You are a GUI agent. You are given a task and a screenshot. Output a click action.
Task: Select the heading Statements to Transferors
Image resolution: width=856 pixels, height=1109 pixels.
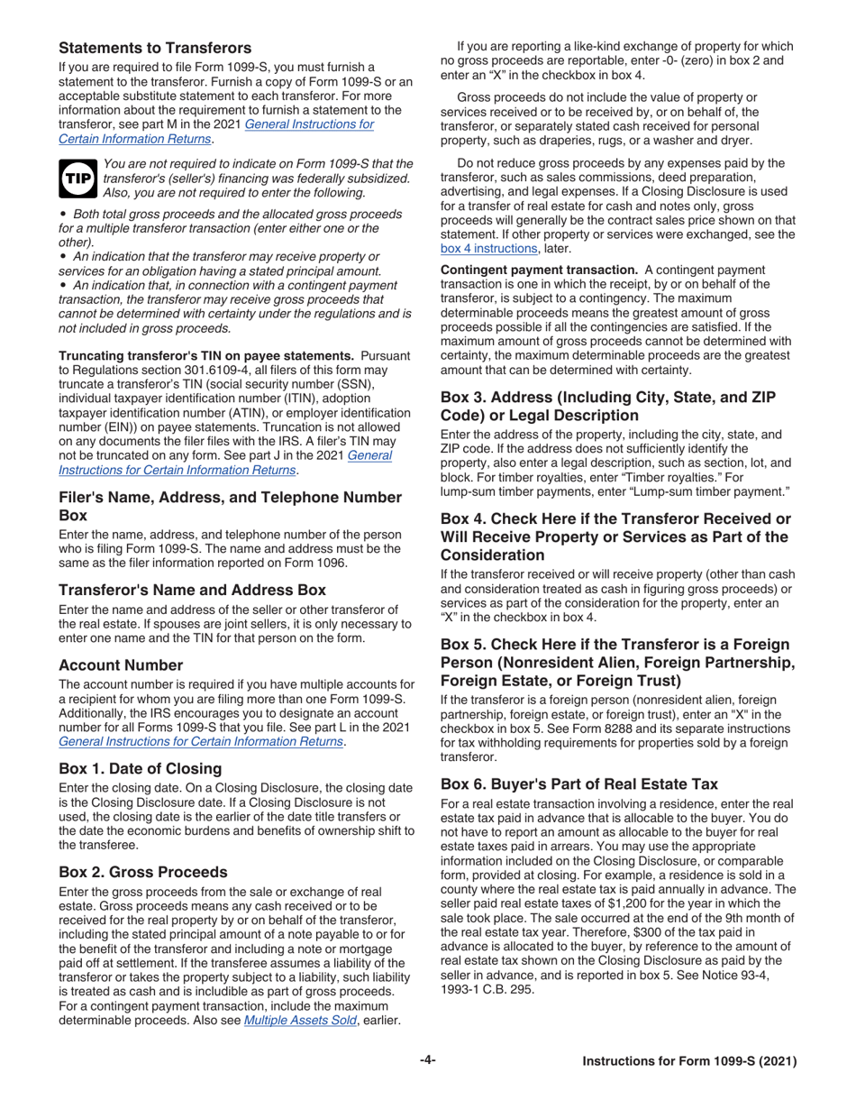[x=155, y=47]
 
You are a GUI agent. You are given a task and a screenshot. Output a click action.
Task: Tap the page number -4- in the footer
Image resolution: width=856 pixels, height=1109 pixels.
[x=427, y=1061]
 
